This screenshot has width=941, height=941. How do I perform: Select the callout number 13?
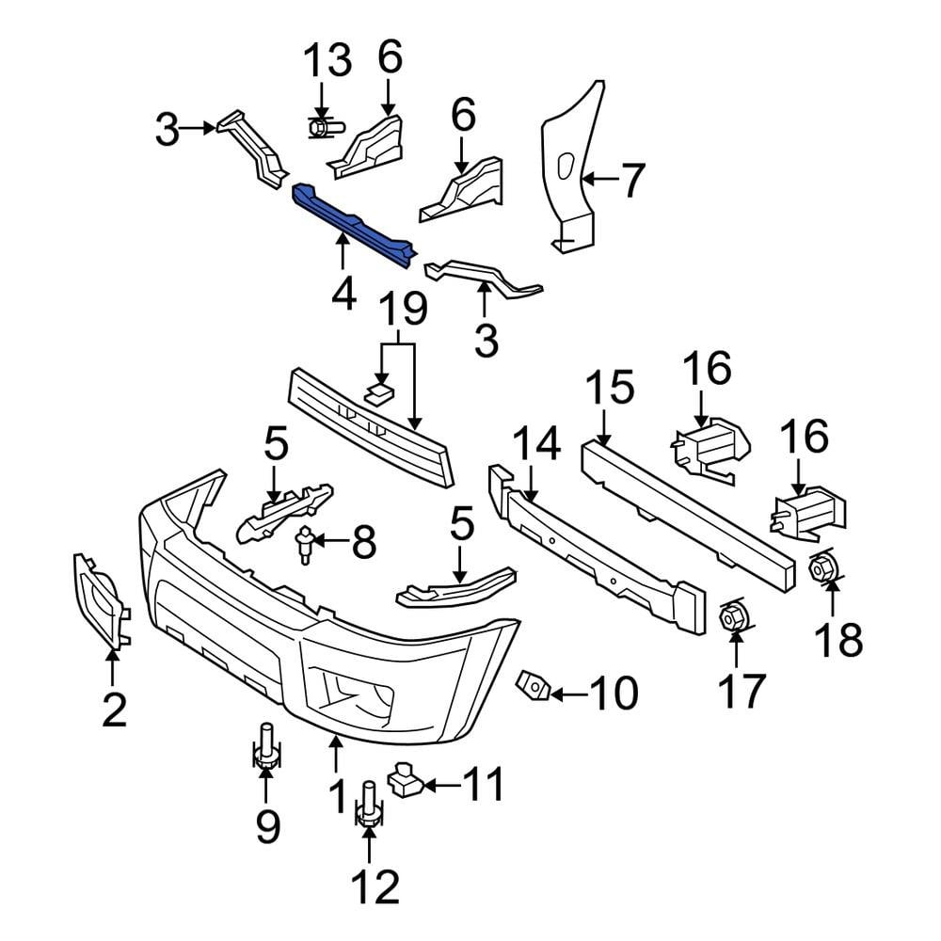[x=327, y=62]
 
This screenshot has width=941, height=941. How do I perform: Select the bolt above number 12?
[x=368, y=804]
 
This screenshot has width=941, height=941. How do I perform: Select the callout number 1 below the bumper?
[x=337, y=800]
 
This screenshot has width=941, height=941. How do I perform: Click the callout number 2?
[x=114, y=710]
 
